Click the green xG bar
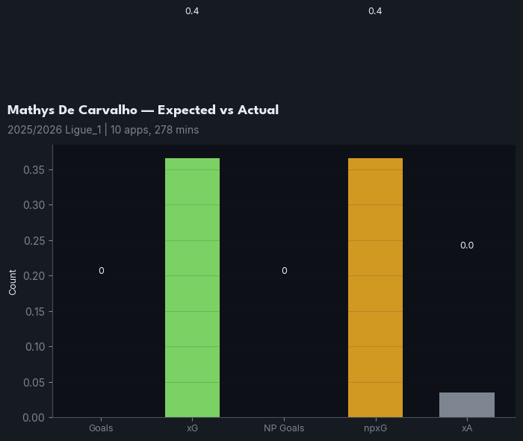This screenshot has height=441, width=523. pyautogui.click(x=192, y=287)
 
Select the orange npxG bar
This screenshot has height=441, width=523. pyautogui.click(x=375, y=287)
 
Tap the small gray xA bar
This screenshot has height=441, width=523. pyautogui.click(x=466, y=404)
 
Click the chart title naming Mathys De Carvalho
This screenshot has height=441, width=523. pyautogui.click(x=143, y=110)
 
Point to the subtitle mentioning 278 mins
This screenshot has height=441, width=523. pyautogui.click(x=103, y=130)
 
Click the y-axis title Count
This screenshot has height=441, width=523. pyautogui.click(x=13, y=281)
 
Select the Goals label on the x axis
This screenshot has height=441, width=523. pyautogui.click(x=101, y=429)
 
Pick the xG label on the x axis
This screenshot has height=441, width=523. pyautogui.click(x=192, y=429)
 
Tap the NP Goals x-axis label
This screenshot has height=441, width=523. pyautogui.click(x=284, y=429)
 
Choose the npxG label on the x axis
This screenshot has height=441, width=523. pyautogui.click(x=375, y=429)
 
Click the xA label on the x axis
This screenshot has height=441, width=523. pyautogui.click(x=466, y=429)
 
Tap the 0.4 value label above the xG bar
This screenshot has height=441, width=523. pyautogui.click(x=192, y=11)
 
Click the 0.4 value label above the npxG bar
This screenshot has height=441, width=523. pyautogui.click(x=375, y=11)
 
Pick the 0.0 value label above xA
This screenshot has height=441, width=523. pyautogui.click(x=466, y=245)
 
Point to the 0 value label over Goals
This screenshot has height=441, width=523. pyautogui.click(x=101, y=271)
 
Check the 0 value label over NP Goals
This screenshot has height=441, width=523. pyautogui.click(x=284, y=271)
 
